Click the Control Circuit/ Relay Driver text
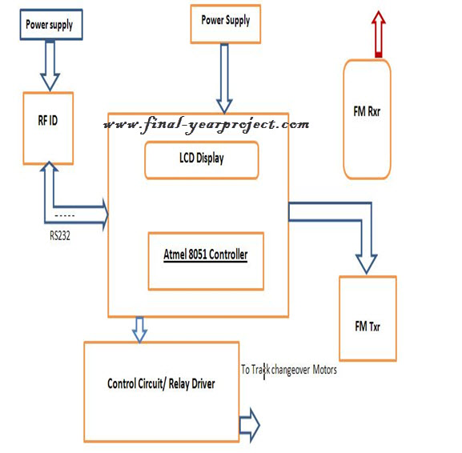[161, 384]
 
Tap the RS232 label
[60, 235]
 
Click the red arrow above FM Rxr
[379, 34]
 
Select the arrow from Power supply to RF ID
[50, 66]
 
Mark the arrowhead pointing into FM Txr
[367, 264]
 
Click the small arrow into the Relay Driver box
[139, 330]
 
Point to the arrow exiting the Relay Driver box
[249, 425]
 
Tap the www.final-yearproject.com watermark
[207, 125]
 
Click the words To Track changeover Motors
[289, 370]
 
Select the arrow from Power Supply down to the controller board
[224, 79]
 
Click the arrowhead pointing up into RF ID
[49, 166]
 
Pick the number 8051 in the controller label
[198, 255]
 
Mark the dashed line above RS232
[65, 215]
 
